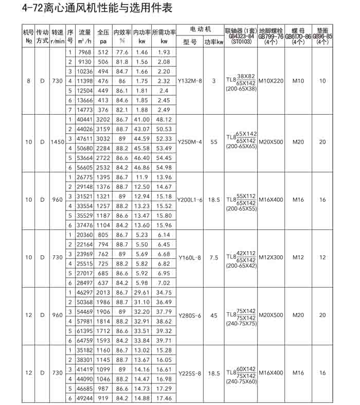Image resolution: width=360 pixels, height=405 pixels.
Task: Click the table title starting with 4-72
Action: click(88, 9)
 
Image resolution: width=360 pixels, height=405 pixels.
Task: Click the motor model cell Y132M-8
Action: click(190, 81)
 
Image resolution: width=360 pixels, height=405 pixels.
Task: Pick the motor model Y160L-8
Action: click(190, 257)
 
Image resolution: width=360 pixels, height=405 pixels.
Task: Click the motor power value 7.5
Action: click(214, 257)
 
